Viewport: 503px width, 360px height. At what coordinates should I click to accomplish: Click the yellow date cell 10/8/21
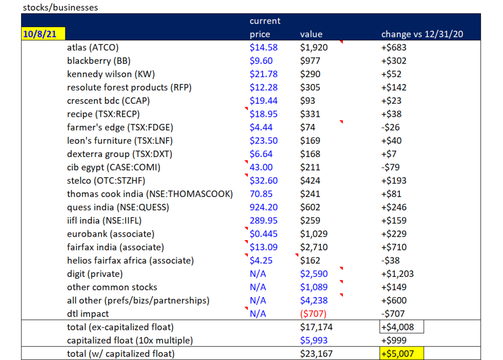[x=43, y=34]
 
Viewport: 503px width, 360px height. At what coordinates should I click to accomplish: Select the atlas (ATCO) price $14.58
[x=264, y=47]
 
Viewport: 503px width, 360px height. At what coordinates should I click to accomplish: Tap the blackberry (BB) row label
[x=99, y=61]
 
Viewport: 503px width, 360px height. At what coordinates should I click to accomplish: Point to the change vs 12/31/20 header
[x=422, y=34]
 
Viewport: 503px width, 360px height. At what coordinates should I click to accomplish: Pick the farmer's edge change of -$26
[x=390, y=127]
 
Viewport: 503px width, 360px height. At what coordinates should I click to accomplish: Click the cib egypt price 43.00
[x=261, y=167]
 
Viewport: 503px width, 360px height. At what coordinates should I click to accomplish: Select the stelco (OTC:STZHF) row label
[x=106, y=181]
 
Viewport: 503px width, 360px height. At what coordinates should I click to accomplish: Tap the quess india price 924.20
[x=264, y=207]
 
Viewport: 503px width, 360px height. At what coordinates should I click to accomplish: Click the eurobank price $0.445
[x=264, y=234]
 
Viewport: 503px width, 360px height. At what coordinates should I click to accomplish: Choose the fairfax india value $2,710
[x=314, y=247]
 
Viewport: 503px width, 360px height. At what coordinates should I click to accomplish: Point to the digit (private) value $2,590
[x=314, y=274]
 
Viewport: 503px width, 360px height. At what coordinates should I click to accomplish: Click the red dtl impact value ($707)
[x=313, y=314]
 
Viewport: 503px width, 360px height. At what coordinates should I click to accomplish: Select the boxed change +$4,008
[x=401, y=327]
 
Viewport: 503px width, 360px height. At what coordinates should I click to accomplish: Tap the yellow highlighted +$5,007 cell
[x=401, y=353]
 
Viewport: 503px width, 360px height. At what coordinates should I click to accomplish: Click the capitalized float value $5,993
[x=314, y=340]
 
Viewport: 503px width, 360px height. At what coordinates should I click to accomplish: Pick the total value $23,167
[x=316, y=354]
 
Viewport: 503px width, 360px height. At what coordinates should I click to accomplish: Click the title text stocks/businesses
[x=60, y=8]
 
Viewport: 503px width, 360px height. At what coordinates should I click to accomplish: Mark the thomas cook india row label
[x=150, y=194]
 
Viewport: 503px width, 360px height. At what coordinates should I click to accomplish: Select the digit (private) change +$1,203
[x=397, y=274]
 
